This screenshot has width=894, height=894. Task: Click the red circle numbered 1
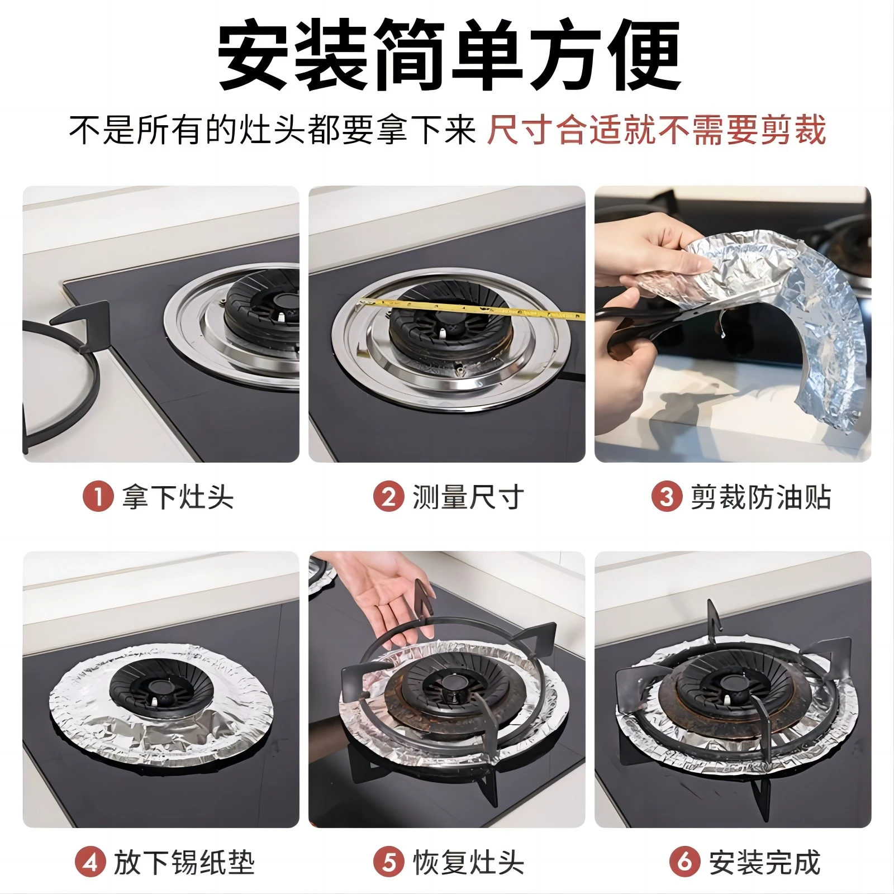(x=98, y=497)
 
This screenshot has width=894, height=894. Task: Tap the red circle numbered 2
(x=388, y=497)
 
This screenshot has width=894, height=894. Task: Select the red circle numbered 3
(x=667, y=497)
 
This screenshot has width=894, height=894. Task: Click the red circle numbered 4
(x=91, y=862)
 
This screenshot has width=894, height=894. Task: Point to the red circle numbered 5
(x=389, y=862)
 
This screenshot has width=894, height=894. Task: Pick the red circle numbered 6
(x=684, y=862)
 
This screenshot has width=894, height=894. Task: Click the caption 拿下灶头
(x=178, y=497)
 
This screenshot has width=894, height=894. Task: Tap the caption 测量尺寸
(x=468, y=497)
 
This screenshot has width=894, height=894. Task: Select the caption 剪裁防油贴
(x=761, y=497)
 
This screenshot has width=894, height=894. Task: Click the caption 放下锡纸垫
(x=184, y=862)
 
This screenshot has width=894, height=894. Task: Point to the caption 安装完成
(x=764, y=862)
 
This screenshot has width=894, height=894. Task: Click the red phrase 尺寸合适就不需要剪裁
(x=656, y=130)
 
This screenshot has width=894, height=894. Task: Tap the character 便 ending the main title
(x=643, y=56)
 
